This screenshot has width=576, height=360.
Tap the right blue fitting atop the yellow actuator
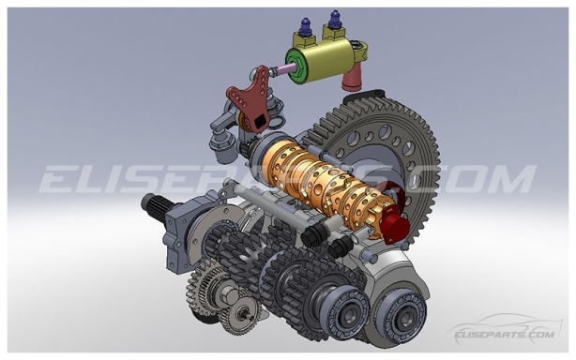[x=334, y=19]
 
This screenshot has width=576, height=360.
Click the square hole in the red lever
[x=254, y=119]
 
